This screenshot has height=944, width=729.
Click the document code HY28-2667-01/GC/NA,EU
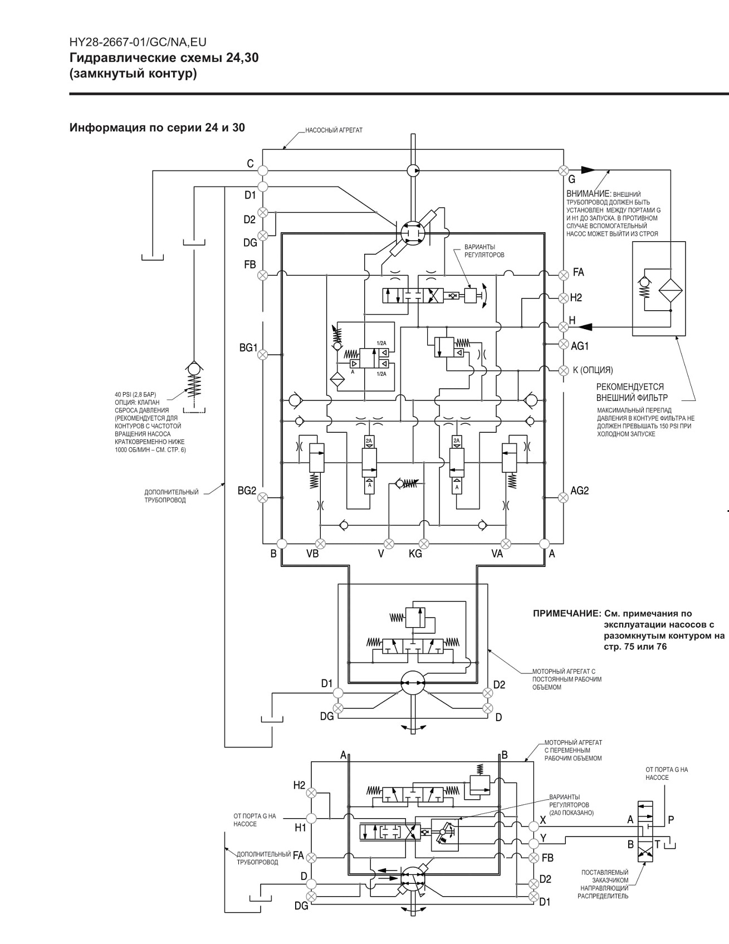point(138,42)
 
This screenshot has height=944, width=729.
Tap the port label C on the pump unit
point(251,164)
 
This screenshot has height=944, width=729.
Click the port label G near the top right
point(572,179)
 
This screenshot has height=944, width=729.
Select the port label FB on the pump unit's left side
point(250,265)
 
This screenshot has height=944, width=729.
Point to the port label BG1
point(248,348)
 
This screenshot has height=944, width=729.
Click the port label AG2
point(580,491)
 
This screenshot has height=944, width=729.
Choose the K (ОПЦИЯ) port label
point(593,370)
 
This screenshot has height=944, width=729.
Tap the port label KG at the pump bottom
point(415,554)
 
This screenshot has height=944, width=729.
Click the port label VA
point(497,554)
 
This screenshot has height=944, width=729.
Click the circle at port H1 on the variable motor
point(311,818)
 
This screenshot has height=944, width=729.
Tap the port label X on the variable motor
point(543,820)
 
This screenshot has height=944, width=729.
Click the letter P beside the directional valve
point(671,820)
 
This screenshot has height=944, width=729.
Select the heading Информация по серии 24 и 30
point(157,128)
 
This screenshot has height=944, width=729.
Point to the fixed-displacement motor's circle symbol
point(413,683)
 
